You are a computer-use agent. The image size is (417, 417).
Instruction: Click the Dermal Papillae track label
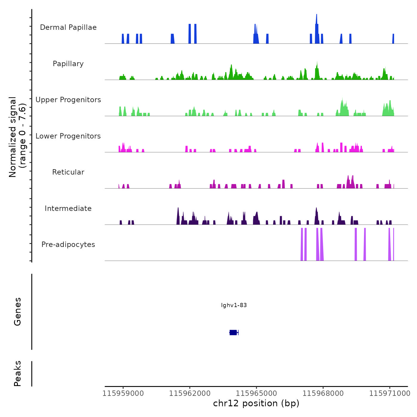point(68,27)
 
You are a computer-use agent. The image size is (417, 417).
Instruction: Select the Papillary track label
point(68,64)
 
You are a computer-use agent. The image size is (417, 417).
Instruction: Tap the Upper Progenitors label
point(68,100)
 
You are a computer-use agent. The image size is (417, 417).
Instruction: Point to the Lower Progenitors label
point(68,136)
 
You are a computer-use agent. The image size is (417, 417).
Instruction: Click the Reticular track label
point(68,172)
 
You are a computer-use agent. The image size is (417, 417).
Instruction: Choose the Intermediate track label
point(68,208)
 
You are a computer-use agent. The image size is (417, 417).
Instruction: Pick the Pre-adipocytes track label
point(68,245)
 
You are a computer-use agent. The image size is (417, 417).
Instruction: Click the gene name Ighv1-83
point(234,305)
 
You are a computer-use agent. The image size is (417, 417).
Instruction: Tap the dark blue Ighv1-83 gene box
point(233,332)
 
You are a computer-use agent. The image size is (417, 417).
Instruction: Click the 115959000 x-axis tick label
point(123,393)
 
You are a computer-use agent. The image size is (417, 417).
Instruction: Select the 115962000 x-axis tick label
point(190,393)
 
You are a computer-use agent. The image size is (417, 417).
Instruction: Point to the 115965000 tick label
point(256,393)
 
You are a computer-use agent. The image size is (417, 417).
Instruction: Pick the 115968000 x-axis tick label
point(323,393)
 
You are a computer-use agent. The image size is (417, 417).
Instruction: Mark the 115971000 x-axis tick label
point(390,393)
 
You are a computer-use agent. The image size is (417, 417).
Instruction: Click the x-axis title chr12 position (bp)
point(256,403)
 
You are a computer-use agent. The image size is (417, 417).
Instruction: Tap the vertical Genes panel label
point(18,311)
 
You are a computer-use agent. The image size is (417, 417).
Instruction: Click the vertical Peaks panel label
point(18,374)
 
